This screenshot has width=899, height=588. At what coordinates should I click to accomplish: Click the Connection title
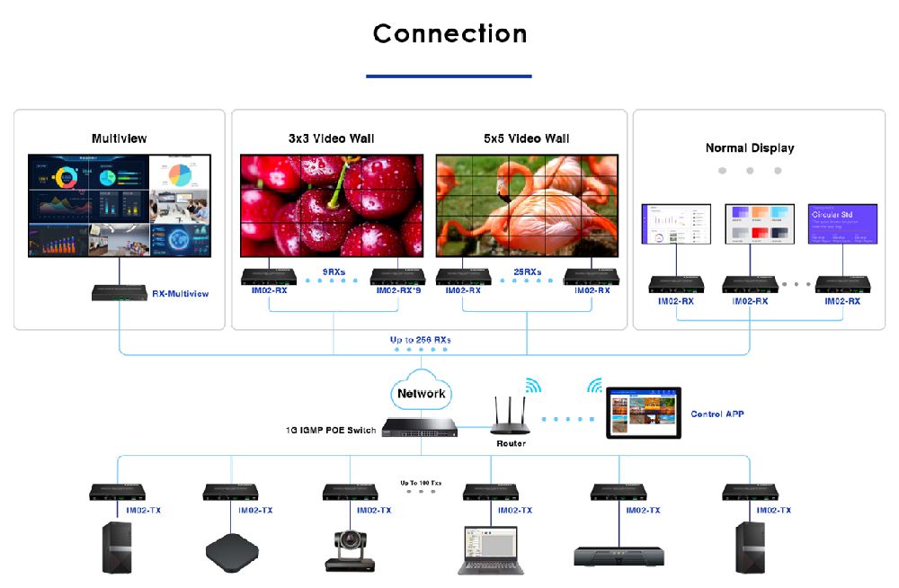click(449, 34)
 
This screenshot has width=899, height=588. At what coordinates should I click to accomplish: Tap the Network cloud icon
click(421, 393)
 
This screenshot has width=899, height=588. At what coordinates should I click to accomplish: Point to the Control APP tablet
click(643, 413)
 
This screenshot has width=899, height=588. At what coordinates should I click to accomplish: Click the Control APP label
click(717, 414)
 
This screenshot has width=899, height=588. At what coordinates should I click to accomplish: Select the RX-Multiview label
click(180, 294)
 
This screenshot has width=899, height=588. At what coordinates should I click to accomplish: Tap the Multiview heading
click(119, 138)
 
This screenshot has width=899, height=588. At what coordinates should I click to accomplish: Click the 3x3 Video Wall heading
click(331, 138)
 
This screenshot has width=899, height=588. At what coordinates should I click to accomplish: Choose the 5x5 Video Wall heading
click(526, 138)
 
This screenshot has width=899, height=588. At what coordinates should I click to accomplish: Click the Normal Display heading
click(750, 147)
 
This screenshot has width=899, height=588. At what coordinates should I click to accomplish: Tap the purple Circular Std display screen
click(841, 223)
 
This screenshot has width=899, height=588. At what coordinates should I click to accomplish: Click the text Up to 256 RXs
click(420, 340)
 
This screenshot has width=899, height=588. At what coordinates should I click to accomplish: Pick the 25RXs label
click(527, 271)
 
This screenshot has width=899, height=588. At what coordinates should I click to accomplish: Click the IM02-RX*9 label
click(398, 290)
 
